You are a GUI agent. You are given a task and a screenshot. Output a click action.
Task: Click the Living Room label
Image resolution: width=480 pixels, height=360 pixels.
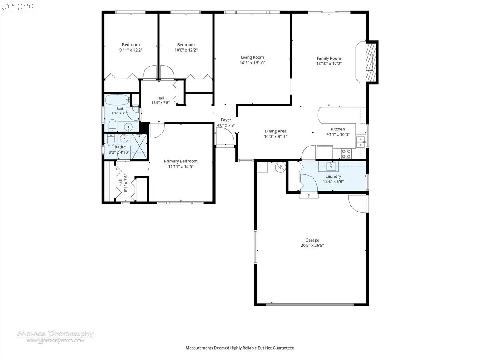click(252, 58)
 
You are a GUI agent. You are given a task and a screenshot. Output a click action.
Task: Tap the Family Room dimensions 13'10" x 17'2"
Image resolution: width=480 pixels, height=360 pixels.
click(329, 64)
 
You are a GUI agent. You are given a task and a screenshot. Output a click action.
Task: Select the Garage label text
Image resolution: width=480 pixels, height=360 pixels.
click(312, 240)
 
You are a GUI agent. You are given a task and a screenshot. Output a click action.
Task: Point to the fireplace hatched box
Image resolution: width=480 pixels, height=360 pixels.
click(371, 62)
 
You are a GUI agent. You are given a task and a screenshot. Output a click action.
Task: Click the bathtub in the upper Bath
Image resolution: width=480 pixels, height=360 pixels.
click(118, 100)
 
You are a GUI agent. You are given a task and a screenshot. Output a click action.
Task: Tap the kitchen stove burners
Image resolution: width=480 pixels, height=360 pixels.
click(346, 154)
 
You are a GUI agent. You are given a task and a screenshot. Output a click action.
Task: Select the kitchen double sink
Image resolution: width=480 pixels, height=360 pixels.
click(360, 142)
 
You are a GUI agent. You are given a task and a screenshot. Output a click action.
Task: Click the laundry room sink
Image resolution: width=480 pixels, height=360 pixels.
click(331, 166)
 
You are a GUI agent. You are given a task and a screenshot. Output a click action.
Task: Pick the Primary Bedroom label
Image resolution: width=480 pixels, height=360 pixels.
click(181, 161)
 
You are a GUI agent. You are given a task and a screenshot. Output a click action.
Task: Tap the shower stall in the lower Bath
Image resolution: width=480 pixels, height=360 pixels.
click(140, 146)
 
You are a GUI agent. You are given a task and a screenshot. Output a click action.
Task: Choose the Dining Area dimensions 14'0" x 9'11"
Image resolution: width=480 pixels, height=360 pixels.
click(275, 136)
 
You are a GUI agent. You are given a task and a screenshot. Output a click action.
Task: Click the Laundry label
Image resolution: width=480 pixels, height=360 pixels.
click(333, 176)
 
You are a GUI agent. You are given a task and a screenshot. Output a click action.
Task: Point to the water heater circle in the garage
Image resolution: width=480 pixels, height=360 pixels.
click(280, 167)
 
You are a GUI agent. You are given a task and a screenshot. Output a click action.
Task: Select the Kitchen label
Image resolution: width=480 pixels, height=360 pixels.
click(338, 129)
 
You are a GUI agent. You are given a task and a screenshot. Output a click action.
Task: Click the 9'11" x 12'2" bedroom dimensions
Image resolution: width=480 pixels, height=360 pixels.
click(131, 50)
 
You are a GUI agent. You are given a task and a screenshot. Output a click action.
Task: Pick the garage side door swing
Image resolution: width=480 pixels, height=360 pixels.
click(357, 204)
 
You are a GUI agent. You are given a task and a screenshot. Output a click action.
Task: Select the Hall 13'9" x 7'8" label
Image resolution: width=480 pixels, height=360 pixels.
click(160, 100)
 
